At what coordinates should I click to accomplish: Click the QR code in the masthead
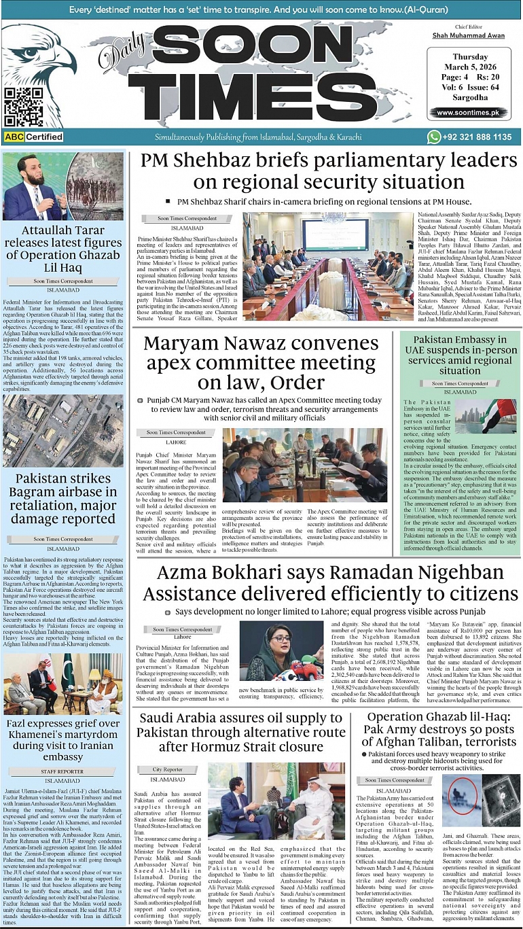tap(23, 107)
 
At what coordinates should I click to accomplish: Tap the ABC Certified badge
tap(34, 137)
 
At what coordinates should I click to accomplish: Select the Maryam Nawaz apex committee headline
tap(261, 363)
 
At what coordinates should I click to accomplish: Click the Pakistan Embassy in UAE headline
tap(459, 355)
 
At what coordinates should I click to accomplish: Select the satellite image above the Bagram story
tap(63, 428)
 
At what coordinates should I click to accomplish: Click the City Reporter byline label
tap(167, 770)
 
